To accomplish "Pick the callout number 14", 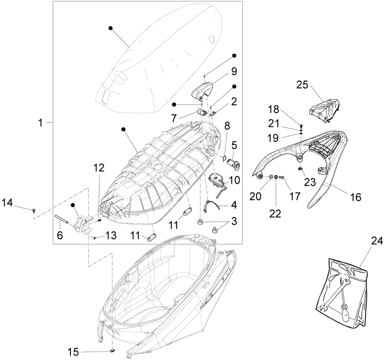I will tap(8, 202).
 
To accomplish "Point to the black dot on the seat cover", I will tap(111, 28).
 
